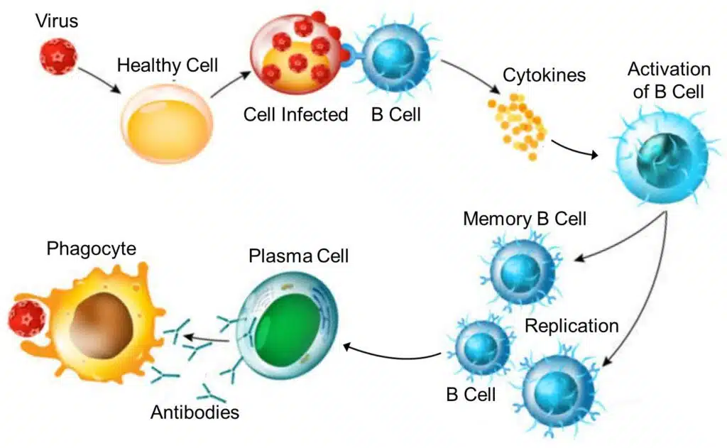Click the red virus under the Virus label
[58, 57]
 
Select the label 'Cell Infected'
[295, 114]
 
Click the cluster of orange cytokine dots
[518, 125]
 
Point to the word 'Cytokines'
[544, 75]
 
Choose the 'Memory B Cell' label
[525, 219]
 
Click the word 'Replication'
[572, 326]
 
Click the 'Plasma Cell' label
[299, 256]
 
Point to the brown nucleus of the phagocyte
[102, 324]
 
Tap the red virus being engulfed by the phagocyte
[27, 318]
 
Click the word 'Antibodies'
[195, 412]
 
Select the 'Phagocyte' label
[92, 248]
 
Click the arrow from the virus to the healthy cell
[99, 80]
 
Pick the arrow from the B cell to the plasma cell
[391, 355]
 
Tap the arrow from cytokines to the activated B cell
[574, 149]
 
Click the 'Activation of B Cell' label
[669, 80]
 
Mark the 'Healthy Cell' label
[168, 65]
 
